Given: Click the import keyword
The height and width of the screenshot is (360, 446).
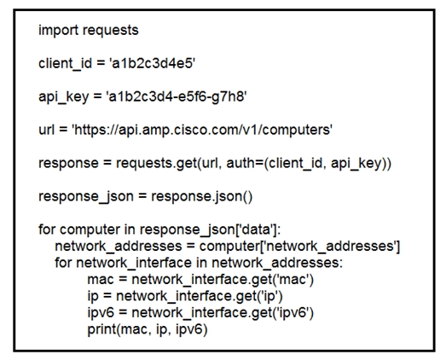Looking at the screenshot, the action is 58,31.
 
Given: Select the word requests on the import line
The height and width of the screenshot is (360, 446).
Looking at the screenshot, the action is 110,31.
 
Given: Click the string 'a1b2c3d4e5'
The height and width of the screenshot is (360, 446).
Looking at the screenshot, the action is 152,63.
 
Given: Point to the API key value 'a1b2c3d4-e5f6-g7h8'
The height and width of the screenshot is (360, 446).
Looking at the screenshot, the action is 177,96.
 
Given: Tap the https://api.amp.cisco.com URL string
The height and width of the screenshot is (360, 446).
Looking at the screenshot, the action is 202,130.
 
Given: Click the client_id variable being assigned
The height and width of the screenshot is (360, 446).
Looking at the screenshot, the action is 65,64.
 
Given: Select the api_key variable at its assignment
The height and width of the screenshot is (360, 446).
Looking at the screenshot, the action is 64,97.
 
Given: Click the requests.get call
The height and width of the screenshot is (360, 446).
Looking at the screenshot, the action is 156,163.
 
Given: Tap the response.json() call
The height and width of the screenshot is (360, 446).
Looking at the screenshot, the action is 201,197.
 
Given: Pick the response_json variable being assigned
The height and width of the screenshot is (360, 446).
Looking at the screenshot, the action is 86,197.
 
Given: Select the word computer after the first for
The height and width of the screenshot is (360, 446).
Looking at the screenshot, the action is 90,230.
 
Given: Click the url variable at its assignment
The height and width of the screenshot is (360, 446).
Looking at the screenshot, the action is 46,130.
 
